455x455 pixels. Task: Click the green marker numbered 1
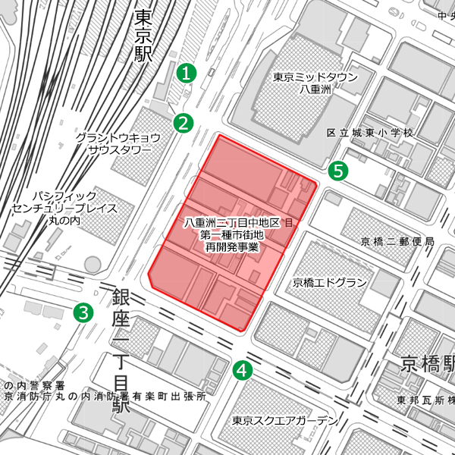click(x=186, y=74)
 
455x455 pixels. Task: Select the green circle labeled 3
click(x=83, y=312)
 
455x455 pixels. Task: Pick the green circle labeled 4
click(x=242, y=370)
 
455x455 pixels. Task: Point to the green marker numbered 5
click(x=338, y=171)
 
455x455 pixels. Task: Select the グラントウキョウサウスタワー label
click(x=117, y=143)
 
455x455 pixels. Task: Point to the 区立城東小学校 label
click(x=369, y=133)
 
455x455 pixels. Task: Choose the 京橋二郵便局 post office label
click(x=397, y=241)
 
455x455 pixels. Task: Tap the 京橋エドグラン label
click(x=330, y=283)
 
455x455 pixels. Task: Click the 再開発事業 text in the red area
click(x=231, y=248)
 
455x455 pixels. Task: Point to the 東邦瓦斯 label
click(x=425, y=400)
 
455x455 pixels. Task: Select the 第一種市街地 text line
click(x=231, y=235)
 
